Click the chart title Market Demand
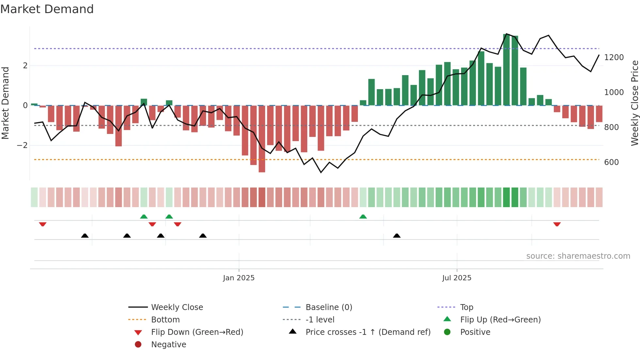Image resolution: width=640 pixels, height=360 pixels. [47, 9]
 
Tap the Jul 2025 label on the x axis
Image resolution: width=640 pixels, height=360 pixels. [456, 278]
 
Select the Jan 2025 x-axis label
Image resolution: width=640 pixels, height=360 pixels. [239, 278]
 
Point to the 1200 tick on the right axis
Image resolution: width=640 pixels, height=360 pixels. [614, 57]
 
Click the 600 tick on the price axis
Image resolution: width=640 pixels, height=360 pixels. [611, 162]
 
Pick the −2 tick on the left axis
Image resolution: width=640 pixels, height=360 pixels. [22, 145]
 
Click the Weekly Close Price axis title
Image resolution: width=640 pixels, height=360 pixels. [634, 103]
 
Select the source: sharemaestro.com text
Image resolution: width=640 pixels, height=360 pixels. [578, 256]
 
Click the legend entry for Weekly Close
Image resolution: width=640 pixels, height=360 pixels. [177, 307]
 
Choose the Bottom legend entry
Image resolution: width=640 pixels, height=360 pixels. [165, 320]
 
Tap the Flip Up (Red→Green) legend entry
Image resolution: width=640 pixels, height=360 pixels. [500, 320]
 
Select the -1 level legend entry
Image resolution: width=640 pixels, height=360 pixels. [320, 320]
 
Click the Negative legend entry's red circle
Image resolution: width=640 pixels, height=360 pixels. [138, 345]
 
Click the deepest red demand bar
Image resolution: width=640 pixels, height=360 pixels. [262, 139]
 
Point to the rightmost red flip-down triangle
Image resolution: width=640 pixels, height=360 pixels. [557, 224]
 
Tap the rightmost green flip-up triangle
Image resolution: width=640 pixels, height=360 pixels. [363, 217]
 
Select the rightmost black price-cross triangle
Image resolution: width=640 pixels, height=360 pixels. [397, 236]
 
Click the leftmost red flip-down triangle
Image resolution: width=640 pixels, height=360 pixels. [43, 224]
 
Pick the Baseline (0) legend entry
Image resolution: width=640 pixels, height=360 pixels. [328, 307]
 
